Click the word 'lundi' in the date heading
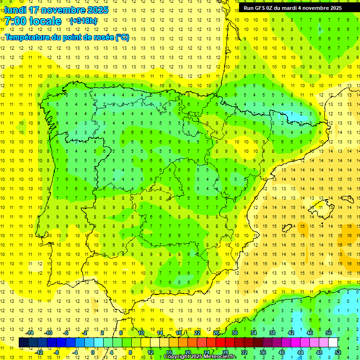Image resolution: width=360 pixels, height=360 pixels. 15,10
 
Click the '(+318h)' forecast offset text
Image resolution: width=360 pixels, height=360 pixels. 83,21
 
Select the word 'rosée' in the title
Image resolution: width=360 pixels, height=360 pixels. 103,37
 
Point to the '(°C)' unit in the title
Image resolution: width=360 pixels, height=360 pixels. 122,37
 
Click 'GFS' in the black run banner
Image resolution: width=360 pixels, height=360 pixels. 262,7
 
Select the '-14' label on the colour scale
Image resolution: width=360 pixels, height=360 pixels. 30,333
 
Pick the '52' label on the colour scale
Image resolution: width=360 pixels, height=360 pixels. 338,352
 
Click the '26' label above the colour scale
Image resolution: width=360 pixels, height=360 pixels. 216,333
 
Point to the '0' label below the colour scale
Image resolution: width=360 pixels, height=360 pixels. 93,352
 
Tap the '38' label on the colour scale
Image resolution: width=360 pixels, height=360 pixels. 272,333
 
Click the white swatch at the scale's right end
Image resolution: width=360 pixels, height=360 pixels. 333,343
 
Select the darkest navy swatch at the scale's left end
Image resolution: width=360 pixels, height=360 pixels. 24,343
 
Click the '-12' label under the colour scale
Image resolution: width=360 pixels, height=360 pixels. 39,352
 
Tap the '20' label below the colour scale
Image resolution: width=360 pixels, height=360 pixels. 187,352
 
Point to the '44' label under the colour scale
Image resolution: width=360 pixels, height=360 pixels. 300,352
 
